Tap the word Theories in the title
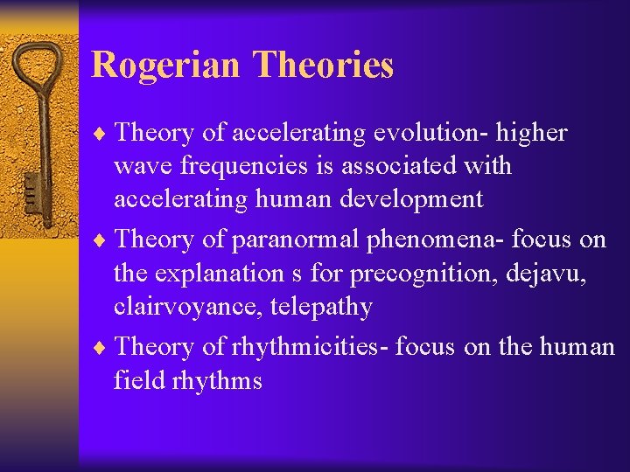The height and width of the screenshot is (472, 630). [x=323, y=66]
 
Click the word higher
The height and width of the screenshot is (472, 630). [x=535, y=133]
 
